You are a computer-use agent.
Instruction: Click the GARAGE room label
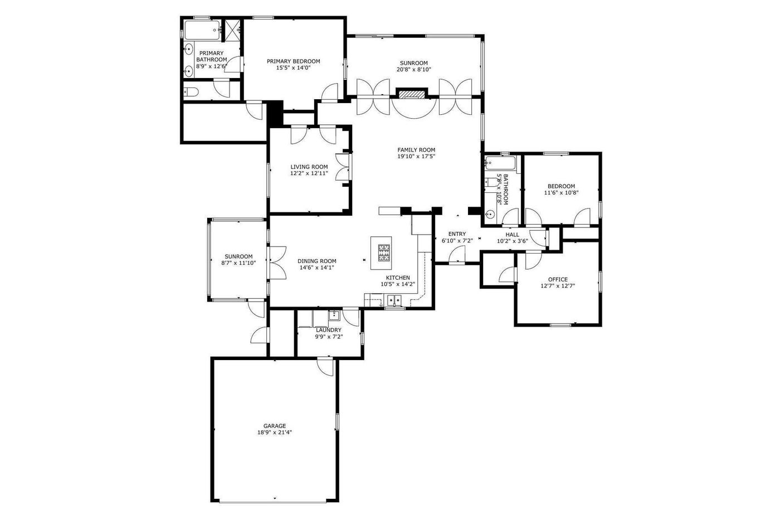274,426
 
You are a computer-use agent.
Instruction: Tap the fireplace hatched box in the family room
412,94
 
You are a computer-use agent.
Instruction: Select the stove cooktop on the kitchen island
384,252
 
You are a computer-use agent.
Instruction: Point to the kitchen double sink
394,300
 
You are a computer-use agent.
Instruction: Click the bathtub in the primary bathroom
202,30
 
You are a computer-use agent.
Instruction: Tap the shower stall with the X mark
232,31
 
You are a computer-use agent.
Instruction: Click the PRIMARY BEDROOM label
293,61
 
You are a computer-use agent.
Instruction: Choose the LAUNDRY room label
328,330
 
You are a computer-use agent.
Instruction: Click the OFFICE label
558,279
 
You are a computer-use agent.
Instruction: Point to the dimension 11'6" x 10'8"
561,193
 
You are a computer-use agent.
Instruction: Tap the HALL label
512,235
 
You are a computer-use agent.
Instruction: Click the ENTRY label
457,234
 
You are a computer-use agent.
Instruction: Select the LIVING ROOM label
309,167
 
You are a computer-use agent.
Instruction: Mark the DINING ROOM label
317,261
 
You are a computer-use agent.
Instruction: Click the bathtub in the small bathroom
500,162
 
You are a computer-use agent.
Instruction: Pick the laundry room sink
334,315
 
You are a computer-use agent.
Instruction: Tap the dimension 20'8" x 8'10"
413,69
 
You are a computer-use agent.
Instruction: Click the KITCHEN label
398,278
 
